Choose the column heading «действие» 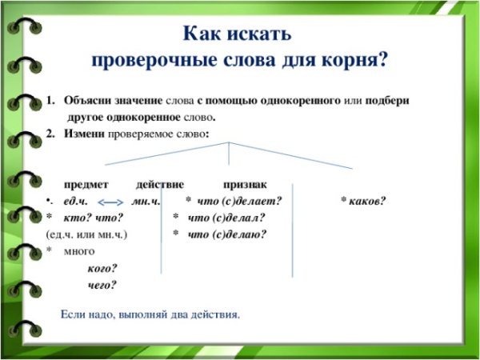click(160, 183)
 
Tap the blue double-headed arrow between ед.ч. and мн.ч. click(114, 201)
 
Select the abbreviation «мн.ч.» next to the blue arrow click(146, 200)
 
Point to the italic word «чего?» click(102, 285)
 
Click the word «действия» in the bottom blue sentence click(216, 314)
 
